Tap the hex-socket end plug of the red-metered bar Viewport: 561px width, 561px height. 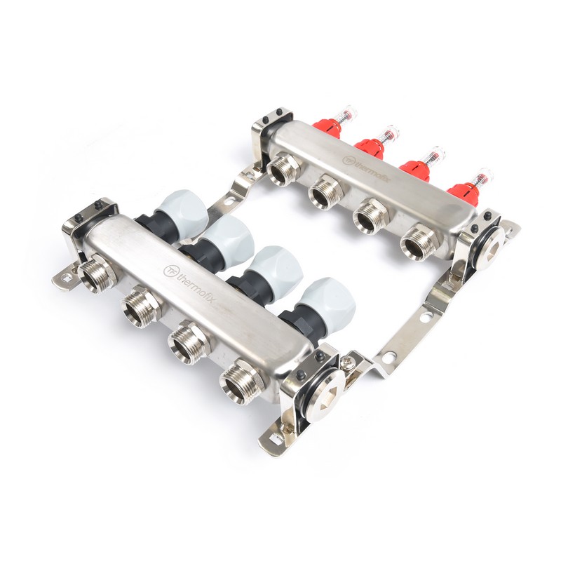[489, 239]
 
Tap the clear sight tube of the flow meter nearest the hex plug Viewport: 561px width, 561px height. [482, 177]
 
